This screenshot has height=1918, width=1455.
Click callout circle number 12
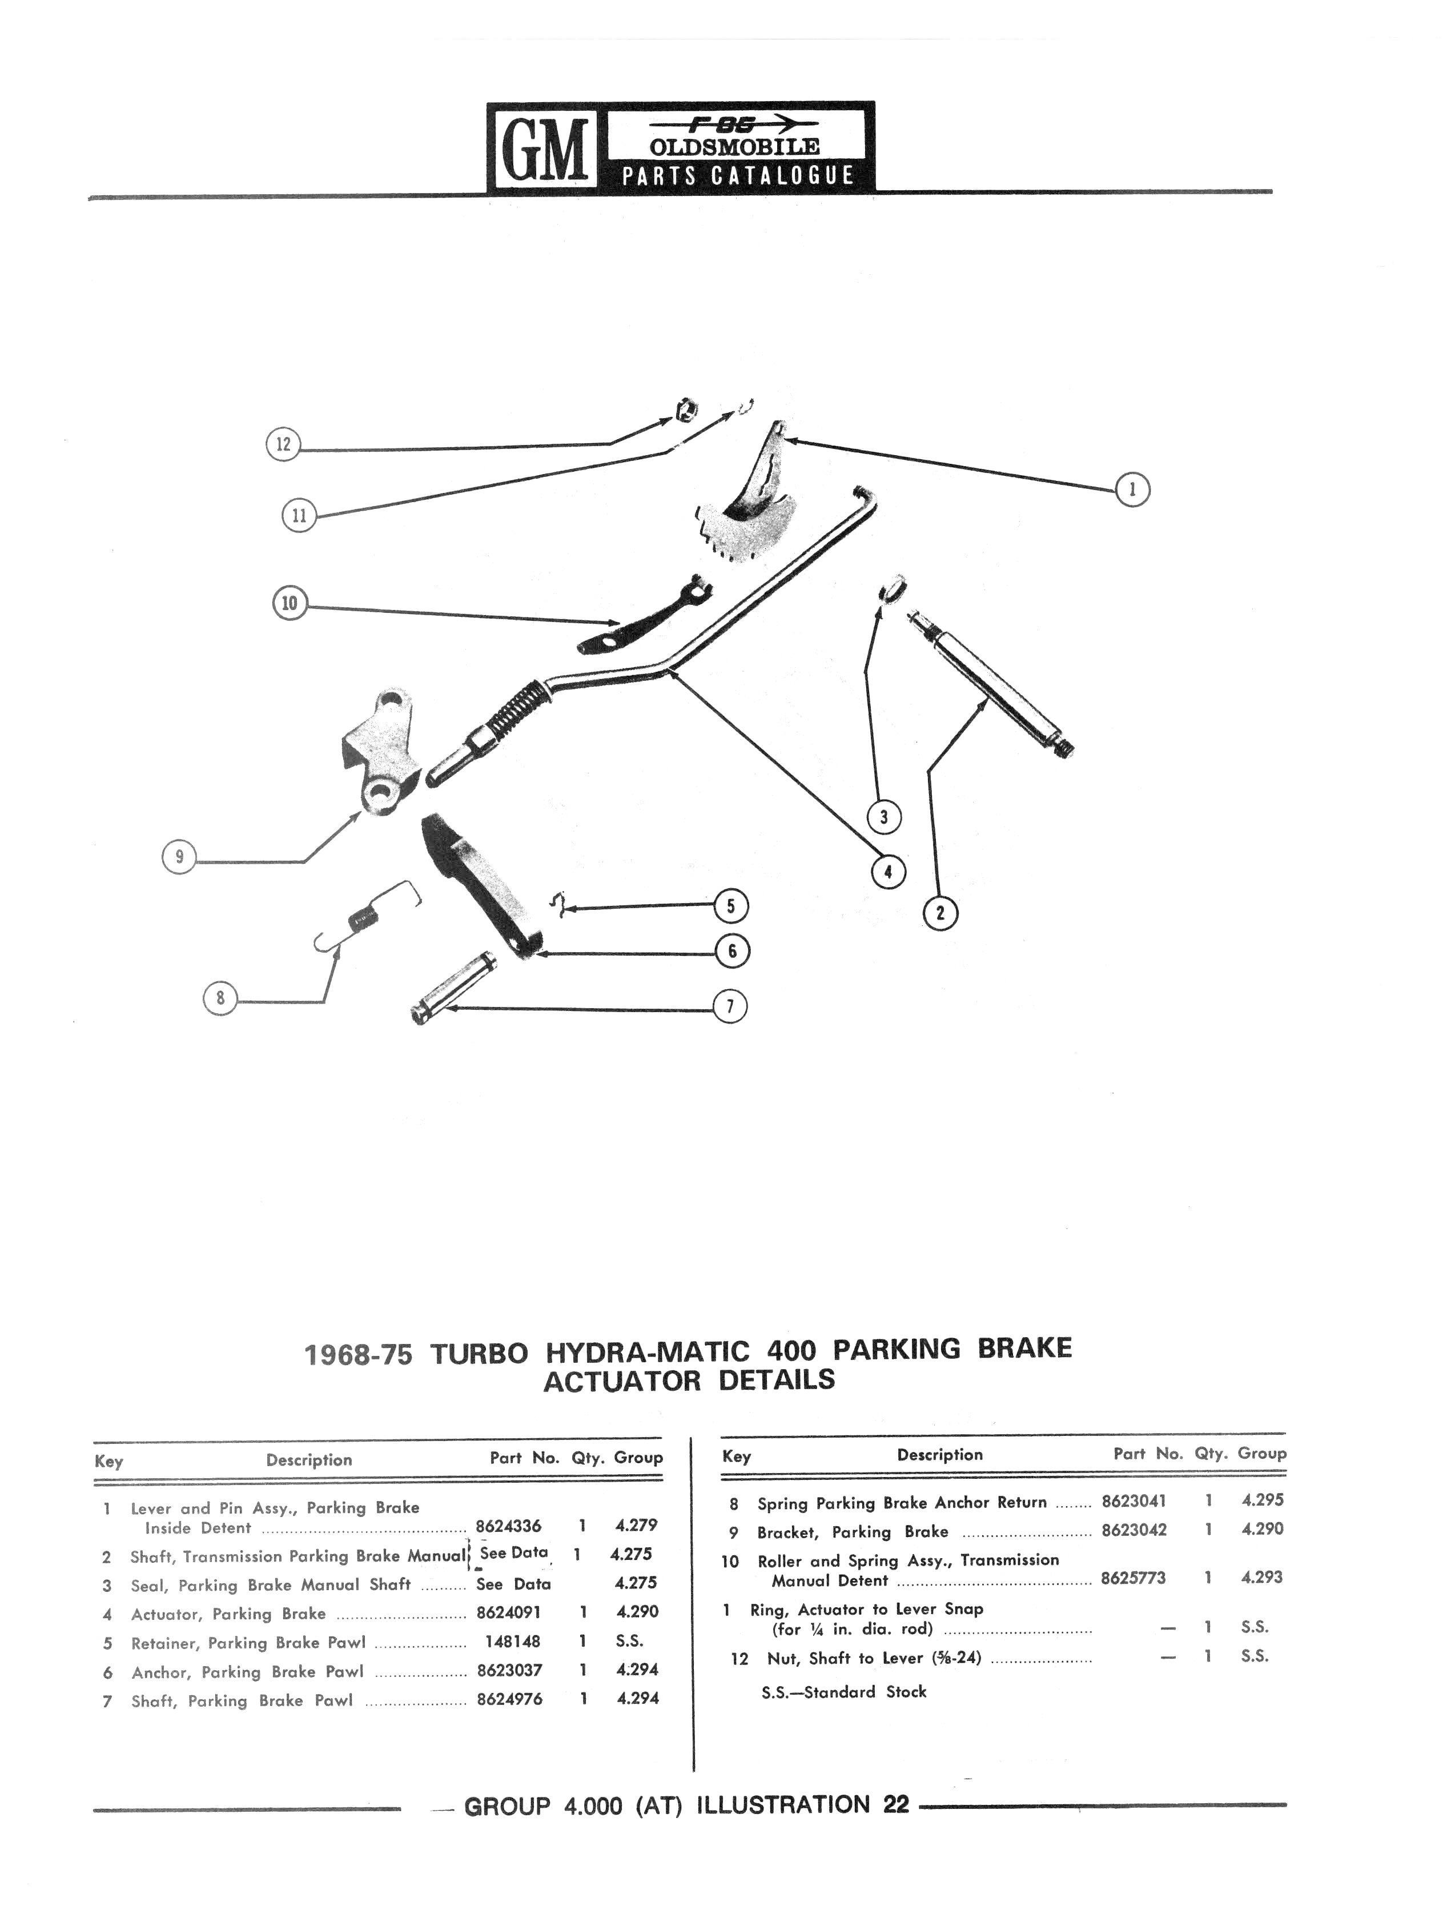pos(283,445)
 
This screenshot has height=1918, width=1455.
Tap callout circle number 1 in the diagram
pos(1132,490)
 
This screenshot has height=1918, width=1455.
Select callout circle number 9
pos(179,857)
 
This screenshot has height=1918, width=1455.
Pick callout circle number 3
pos(883,817)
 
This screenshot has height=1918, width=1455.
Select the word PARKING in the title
pos(897,1350)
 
